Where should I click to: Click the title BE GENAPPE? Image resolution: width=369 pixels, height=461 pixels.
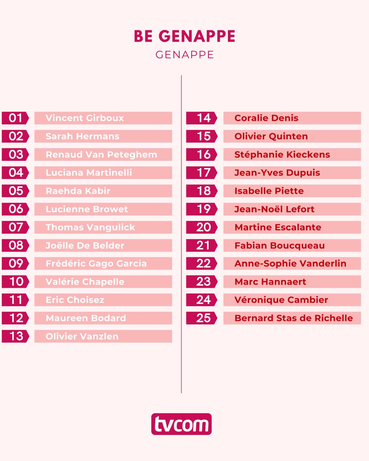point(184,36)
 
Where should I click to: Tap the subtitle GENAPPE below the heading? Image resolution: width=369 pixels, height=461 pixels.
point(184,55)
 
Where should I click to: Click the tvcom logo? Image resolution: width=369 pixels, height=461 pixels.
point(181,424)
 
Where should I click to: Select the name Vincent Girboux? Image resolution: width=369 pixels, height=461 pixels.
point(85,118)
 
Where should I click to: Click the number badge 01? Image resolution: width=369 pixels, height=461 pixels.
point(15,118)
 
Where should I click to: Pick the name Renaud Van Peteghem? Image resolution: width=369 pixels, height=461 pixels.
point(101,154)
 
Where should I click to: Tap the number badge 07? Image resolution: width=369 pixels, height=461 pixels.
point(15,227)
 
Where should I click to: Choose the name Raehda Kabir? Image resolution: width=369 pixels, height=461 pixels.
point(78,191)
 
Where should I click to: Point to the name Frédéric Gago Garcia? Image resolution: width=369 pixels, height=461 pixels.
point(96,263)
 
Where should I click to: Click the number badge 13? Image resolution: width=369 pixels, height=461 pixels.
point(15,336)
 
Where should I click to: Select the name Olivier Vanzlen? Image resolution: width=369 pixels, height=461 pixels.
point(82,336)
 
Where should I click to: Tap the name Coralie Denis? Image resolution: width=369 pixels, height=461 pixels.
point(266,118)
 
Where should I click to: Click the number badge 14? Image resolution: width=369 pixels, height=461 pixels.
point(202,118)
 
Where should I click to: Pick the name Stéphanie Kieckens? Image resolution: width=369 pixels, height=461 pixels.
point(282,154)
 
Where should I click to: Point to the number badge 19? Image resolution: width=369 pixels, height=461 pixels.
point(202,209)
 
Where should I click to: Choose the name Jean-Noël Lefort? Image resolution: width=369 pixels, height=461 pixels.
point(274,209)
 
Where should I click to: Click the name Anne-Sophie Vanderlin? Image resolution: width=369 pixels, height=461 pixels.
point(290,263)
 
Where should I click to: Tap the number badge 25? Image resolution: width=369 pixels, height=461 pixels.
point(202,318)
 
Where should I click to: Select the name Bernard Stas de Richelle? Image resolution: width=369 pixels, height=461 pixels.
point(294,318)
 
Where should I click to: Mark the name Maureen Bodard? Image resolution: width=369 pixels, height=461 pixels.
point(86,318)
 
